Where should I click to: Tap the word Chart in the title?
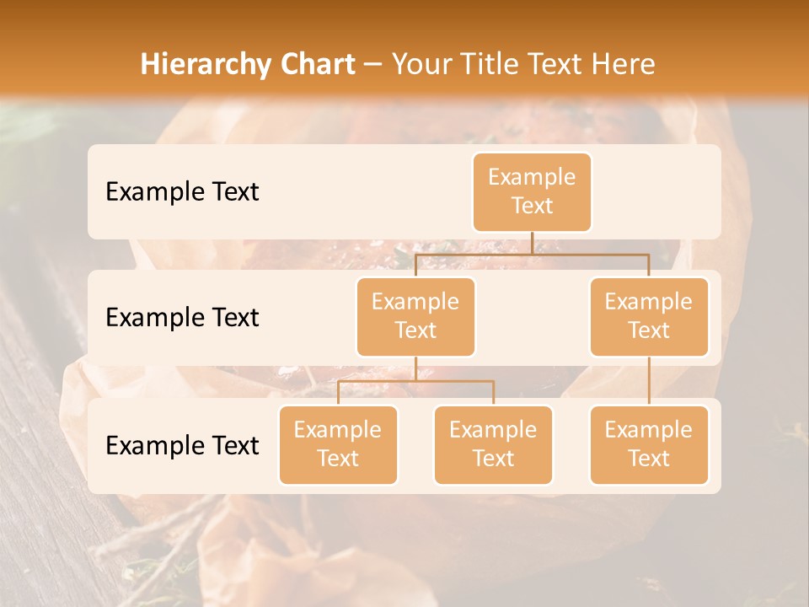coord(313,64)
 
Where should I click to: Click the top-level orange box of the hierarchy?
coord(532,191)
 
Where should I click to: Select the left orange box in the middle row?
coord(415,316)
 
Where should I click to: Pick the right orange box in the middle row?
coord(649,316)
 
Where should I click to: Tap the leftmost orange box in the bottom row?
coord(338,444)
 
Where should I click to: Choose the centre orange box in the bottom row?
coord(493,444)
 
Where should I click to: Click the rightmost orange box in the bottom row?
coord(649,444)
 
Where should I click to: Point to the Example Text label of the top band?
coord(182,192)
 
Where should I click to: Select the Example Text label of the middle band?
coord(182,318)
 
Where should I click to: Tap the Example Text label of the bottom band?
coord(182,446)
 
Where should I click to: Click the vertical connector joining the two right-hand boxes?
coord(649,380)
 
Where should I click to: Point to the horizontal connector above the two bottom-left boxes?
coord(415,381)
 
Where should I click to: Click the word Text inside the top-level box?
coord(532,206)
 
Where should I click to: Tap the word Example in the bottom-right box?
coord(649,430)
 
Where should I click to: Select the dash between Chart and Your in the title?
coord(374,64)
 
